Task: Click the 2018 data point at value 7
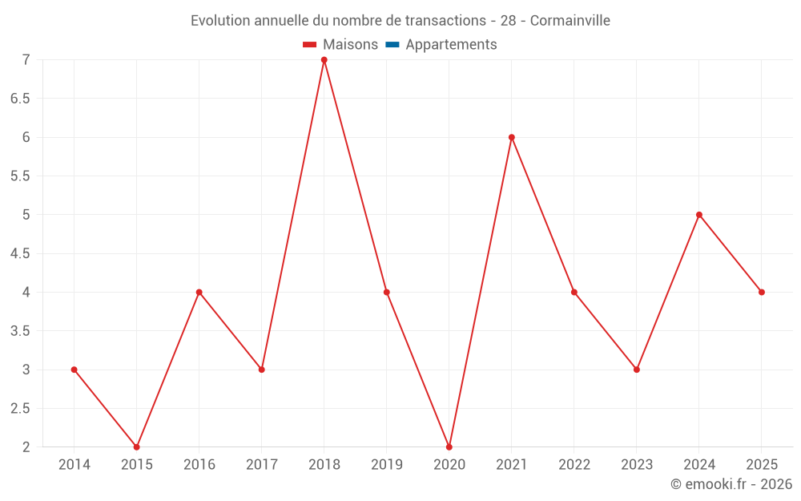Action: click(324, 60)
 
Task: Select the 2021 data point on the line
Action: click(512, 137)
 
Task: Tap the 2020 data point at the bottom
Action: click(449, 446)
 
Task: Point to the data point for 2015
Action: click(137, 446)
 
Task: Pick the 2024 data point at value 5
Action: click(699, 215)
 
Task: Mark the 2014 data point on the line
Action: click(74, 370)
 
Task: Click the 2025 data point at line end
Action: click(762, 292)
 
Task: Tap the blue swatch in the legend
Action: click(392, 45)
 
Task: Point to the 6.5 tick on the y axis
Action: click(20, 99)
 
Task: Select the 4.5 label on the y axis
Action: click(20, 253)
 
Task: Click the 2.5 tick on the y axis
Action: click(20, 408)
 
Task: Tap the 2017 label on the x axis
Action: click(262, 465)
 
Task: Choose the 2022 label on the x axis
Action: click(574, 465)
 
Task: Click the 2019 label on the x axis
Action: click(387, 465)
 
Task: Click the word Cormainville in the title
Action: click(570, 21)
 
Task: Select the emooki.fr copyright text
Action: click(731, 484)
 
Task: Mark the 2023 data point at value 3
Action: click(637, 370)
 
